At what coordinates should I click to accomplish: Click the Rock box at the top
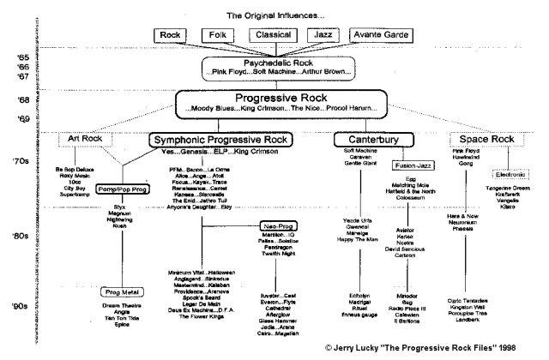point(172,35)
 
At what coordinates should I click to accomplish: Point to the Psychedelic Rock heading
point(272,63)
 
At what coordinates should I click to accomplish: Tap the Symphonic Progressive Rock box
point(220,139)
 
